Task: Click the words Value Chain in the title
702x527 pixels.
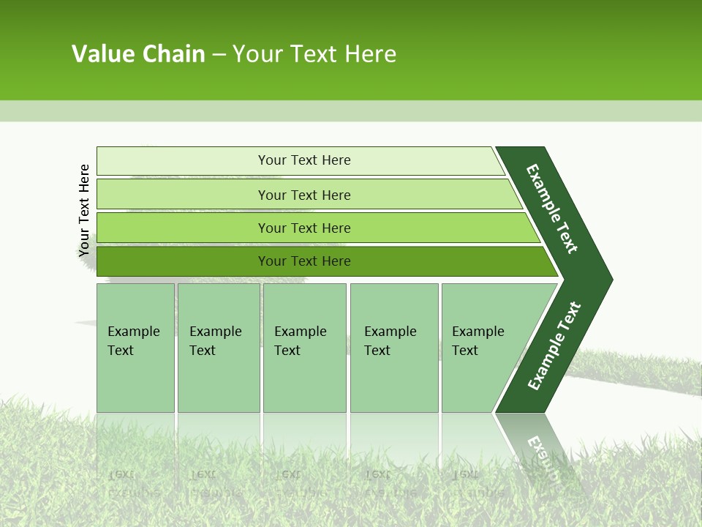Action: pyautogui.click(x=138, y=54)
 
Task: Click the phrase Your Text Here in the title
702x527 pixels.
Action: pyautogui.click(x=314, y=54)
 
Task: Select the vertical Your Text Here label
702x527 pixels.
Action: pyautogui.click(x=85, y=211)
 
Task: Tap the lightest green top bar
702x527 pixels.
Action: pyautogui.click(x=183, y=161)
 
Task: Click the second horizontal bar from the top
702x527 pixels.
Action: pyautogui.click(x=183, y=195)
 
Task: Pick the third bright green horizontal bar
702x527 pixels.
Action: pyautogui.click(x=183, y=228)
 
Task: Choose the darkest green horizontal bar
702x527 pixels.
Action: pyautogui.click(x=183, y=261)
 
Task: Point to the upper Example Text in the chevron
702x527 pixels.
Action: pyautogui.click(x=552, y=209)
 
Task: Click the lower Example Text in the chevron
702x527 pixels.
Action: pyautogui.click(x=554, y=346)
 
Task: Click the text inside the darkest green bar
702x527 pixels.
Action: pyautogui.click(x=304, y=261)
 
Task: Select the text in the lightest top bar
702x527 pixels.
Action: pyautogui.click(x=304, y=160)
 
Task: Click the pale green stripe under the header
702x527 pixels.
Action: pyautogui.click(x=351, y=111)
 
